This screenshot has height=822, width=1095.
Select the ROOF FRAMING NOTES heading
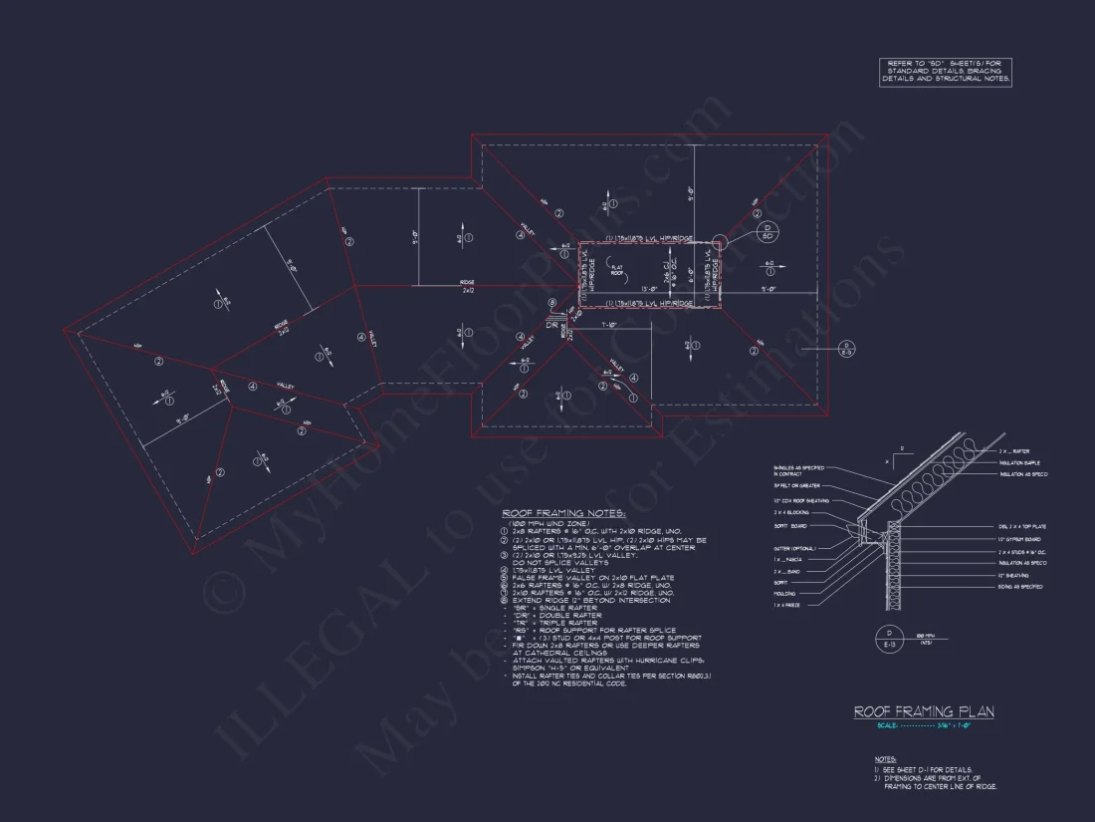click(x=563, y=513)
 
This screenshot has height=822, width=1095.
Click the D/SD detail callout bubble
click(x=766, y=233)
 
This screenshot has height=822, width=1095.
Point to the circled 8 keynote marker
click(x=550, y=305)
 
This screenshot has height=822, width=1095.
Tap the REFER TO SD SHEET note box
click(x=946, y=72)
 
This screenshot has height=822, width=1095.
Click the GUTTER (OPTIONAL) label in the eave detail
click(x=792, y=548)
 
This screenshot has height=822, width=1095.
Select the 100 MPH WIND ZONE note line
click(x=548, y=523)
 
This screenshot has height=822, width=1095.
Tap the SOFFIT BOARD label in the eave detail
click(x=789, y=525)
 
